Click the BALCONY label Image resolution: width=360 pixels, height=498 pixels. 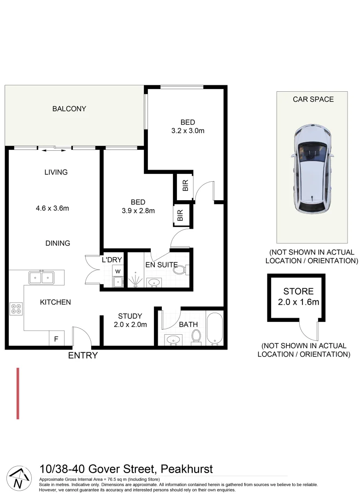pyautogui.click(x=69, y=109)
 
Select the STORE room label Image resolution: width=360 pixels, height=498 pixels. pyautogui.click(x=298, y=291)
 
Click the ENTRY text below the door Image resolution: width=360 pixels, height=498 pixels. pyautogui.click(x=83, y=356)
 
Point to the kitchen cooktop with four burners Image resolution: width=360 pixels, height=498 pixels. pyautogui.click(x=16, y=308)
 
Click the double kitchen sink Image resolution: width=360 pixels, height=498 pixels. pyautogui.click(x=41, y=277)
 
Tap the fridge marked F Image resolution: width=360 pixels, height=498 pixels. pyautogui.click(x=56, y=339)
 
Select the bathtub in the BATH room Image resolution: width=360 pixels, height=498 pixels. pyautogui.click(x=214, y=328)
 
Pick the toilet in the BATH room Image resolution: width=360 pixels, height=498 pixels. pyautogui.click(x=196, y=337)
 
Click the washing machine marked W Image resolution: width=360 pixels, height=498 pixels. pyautogui.click(x=118, y=271)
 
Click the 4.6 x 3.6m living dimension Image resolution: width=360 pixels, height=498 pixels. pyautogui.click(x=52, y=208)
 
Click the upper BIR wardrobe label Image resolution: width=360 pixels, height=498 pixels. pyautogui.click(x=185, y=186)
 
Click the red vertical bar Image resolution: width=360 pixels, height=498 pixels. pyautogui.click(x=18, y=393)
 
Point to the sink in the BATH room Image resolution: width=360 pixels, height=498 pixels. pyautogui.click(x=174, y=340)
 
